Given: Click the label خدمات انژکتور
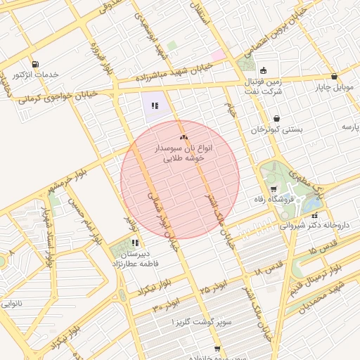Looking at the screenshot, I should pyautogui.click(x=35, y=74).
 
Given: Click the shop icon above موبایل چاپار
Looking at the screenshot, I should pyautogui.click(x=334, y=77).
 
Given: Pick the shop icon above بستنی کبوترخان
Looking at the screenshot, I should pyautogui.click(x=277, y=119).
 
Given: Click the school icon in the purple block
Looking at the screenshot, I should pyautogui.click(x=155, y=106).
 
